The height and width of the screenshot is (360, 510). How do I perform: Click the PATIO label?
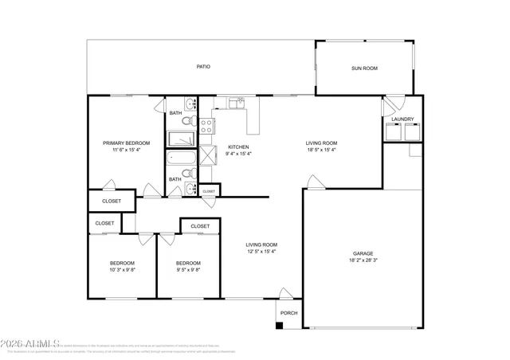tap(203, 68)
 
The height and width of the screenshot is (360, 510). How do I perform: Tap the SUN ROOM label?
tap(364, 68)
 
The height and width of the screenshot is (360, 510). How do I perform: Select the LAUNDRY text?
tap(402, 119)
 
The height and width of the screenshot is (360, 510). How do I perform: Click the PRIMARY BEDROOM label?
tap(126, 143)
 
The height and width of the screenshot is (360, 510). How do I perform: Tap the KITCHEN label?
tap(239, 147)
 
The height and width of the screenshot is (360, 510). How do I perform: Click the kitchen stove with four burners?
tap(205, 125)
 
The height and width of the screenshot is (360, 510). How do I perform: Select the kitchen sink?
tap(236, 103)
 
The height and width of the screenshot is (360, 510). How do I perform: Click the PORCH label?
tap(288, 313)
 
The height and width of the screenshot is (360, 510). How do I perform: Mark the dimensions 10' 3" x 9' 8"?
tap(122, 270)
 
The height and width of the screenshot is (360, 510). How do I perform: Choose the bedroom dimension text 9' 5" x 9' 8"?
tap(188, 270)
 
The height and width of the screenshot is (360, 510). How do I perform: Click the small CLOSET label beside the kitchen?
tap(209, 191)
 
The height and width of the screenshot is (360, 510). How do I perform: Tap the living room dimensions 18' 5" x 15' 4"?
tap(321, 150)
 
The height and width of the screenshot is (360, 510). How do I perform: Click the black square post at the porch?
tap(278, 325)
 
